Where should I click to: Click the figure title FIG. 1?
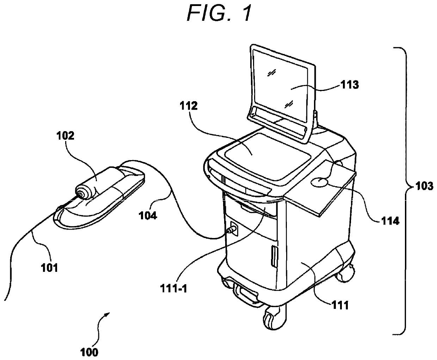pos(219,13)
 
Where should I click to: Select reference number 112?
pos(189,106)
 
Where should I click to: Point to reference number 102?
pos(65,136)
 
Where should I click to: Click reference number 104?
pos(148,216)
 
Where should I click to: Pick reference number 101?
pos(50,268)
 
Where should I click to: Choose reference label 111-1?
pos(173,288)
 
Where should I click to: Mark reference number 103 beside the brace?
pos(424,186)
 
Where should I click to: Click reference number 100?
pos(89,352)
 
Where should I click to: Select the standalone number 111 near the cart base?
pos(340,305)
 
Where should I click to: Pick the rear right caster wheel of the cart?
pos(345,275)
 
